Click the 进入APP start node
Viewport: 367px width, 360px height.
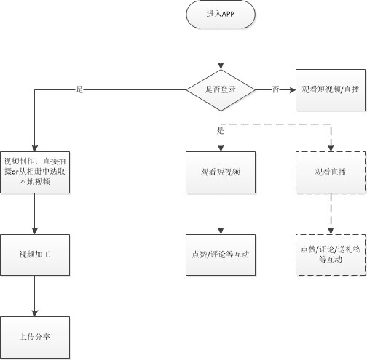coord(221,15)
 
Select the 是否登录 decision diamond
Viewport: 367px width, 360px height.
coord(221,90)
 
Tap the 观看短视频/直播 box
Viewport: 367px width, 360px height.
coord(331,90)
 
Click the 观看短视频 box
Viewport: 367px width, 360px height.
coord(221,172)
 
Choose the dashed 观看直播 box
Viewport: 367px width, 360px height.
coord(331,172)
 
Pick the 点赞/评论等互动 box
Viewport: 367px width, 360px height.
coord(221,255)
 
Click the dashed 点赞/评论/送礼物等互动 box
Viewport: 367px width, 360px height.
coord(331,255)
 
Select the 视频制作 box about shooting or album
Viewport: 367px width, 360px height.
coord(35,172)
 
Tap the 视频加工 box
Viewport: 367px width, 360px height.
coord(35,255)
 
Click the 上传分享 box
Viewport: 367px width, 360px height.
coord(35,337)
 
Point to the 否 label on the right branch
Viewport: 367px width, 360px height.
coord(275,89)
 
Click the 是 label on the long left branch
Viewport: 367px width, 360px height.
coord(79,89)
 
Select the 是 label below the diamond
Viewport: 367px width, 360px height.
coord(221,131)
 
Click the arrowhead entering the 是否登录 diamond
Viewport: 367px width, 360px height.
coord(221,66)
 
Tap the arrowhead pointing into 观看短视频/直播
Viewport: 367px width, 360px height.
coord(293,90)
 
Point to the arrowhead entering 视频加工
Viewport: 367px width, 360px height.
coord(35,231)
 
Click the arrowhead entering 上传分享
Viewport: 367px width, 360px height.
coord(35,313)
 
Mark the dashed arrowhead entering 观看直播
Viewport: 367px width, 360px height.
coord(331,148)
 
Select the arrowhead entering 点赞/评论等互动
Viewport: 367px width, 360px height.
coord(221,231)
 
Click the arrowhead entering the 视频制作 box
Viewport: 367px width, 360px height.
coord(35,148)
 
